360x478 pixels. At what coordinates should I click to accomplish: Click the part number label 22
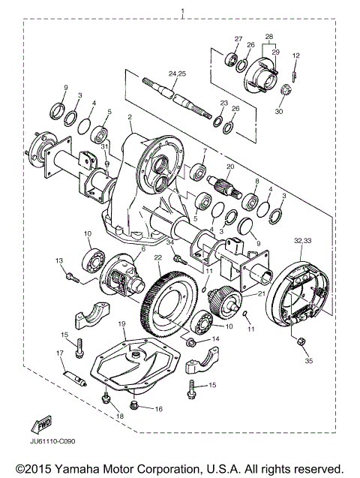[158, 257]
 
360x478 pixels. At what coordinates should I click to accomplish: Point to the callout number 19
[121, 324]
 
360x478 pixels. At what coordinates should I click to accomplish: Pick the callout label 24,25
[178, 74]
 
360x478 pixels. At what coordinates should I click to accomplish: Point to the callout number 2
[130, 117]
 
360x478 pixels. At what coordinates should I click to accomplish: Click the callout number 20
[230, 167]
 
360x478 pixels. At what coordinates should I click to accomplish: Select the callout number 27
[238, 39]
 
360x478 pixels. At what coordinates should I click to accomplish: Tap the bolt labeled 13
[72, 278]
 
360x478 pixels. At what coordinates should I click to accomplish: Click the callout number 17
[59, 353]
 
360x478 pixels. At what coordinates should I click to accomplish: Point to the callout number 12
[295, 56]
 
